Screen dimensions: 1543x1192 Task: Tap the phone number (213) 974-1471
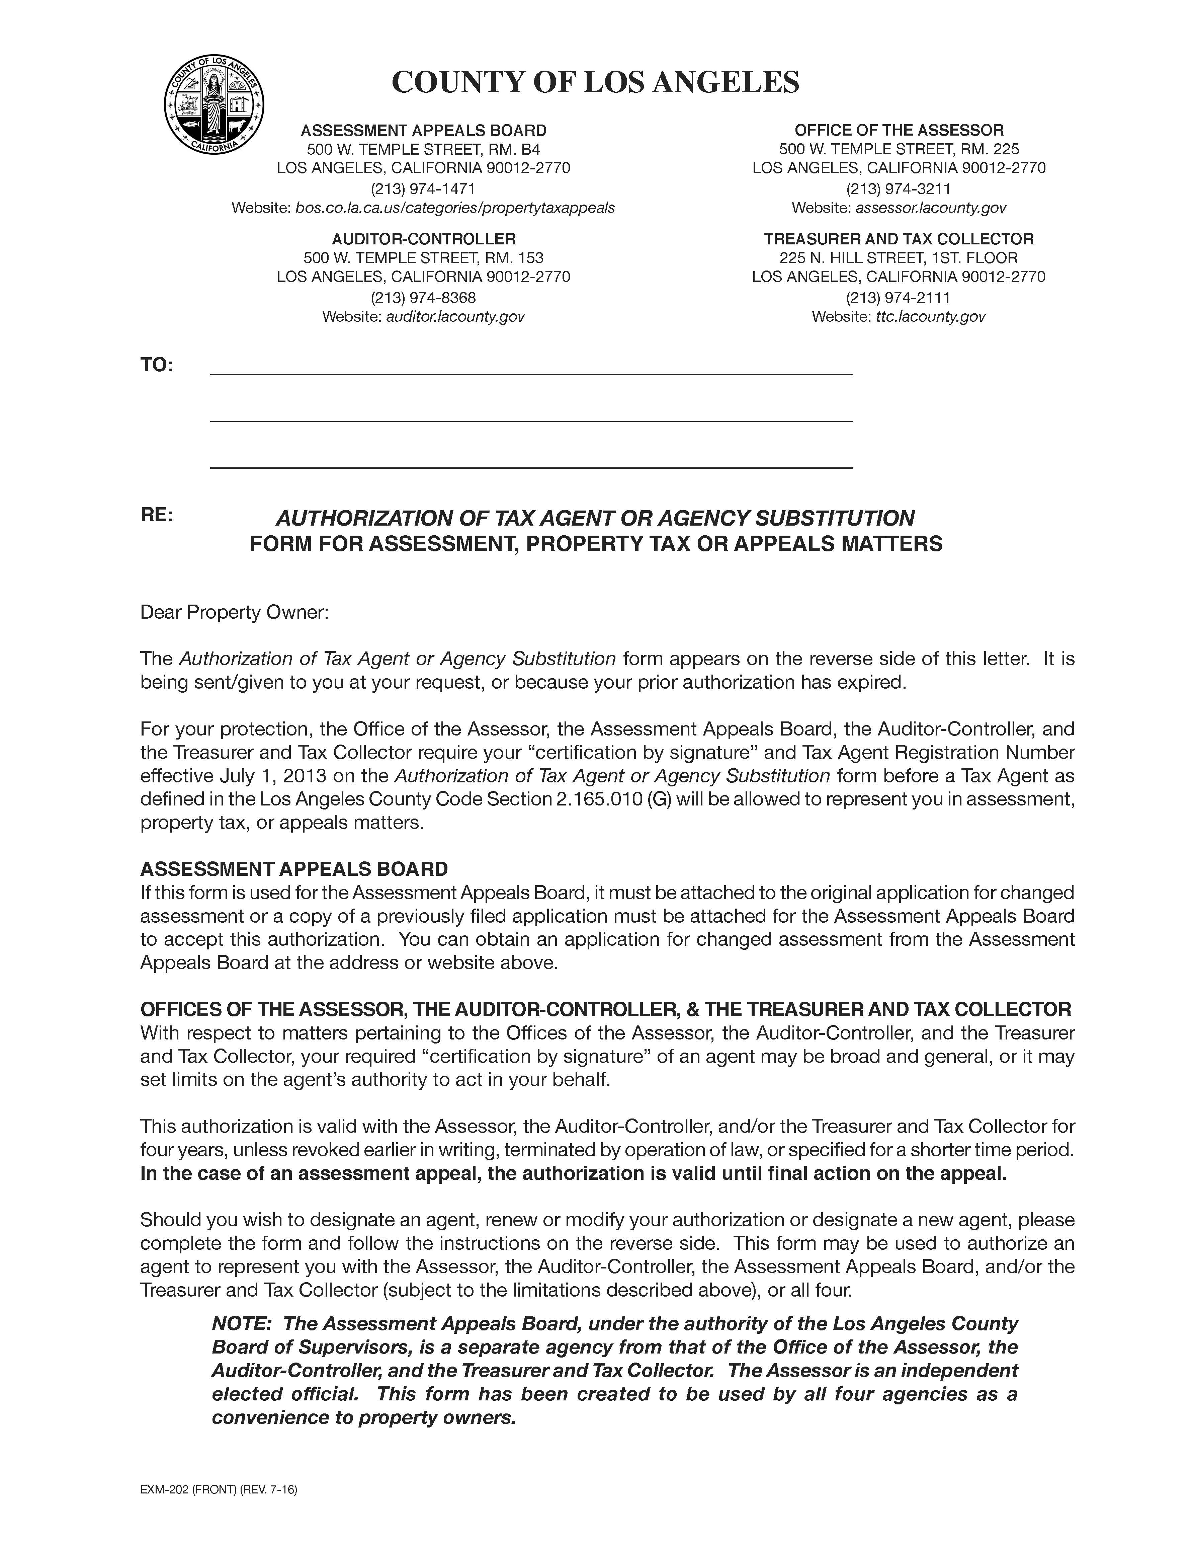423,188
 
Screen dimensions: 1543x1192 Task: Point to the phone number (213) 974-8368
423,297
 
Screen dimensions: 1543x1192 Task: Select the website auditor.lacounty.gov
455,316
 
